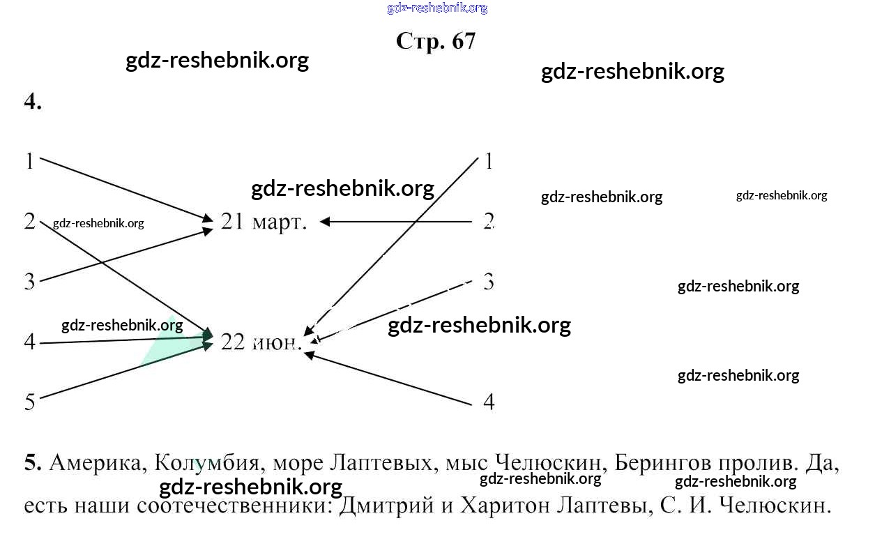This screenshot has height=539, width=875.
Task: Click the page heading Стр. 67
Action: (436, 41)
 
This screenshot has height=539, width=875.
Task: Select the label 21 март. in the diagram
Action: (264, 222)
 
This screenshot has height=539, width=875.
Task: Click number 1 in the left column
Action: (29, 161)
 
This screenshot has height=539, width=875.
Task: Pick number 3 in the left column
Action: (29, 282)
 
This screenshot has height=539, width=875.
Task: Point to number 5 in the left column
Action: (29, 402)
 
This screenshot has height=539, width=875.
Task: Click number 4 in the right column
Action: (489, 402)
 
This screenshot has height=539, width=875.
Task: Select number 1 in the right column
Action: (489, 161)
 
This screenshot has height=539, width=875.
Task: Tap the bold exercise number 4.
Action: (33, 102)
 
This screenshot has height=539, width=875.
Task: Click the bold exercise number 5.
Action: (32, 463)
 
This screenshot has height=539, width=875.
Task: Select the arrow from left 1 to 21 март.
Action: (125, 190)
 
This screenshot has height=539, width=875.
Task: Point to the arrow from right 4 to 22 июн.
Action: (390, 379)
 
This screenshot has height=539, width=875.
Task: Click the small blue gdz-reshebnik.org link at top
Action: (437, 8)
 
